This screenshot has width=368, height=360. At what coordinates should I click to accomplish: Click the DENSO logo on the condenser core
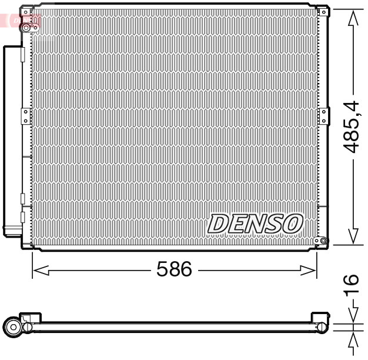(256, 224)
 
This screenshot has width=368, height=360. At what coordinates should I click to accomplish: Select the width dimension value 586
(174, 269)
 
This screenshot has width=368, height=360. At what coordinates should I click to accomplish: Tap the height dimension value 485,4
(352, 126)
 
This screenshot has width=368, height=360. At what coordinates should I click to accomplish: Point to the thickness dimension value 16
(352, 286)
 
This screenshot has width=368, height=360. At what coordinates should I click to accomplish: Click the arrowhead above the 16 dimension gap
(352, 314)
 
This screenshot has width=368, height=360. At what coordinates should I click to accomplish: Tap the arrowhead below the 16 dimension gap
(352, 341)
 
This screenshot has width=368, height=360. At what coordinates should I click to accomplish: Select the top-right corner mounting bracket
(322, 10)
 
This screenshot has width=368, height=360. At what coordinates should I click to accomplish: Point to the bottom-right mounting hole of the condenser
(317, 241)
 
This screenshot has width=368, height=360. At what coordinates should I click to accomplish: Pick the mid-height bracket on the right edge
(322, 115)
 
